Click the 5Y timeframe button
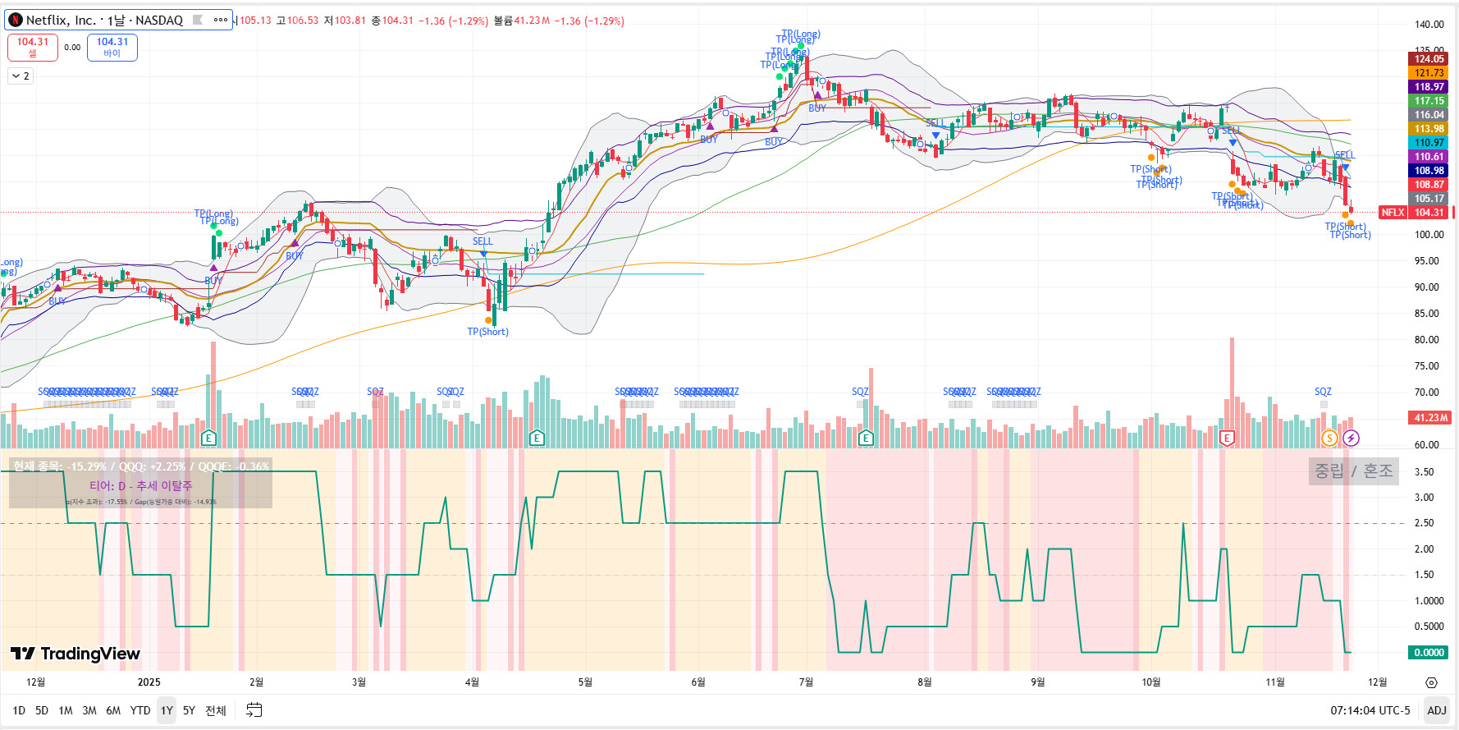pos(189,710)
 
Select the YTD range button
pos(140,710)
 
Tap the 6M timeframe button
pos(113,710)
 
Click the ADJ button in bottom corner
pos(1437,710)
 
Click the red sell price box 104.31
pos(33,47)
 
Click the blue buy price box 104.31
pos(112,47)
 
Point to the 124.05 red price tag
pos(1429,59)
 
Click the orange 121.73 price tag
pos(1429,73)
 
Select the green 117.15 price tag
pos(1429,101)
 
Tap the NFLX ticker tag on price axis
pos(1393,213)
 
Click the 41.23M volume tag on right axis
pos(1429,418)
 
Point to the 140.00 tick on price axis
pos(1429,25)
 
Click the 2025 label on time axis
pos(149,682)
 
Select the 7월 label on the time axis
pos(806,682)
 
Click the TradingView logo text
pos(75,654)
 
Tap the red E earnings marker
pos(1227,438)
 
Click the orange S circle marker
pos(1329,438)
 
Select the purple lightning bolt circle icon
pos(1351,438)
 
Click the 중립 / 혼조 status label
pos(1353,471)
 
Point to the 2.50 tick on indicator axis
pos(1424,523)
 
